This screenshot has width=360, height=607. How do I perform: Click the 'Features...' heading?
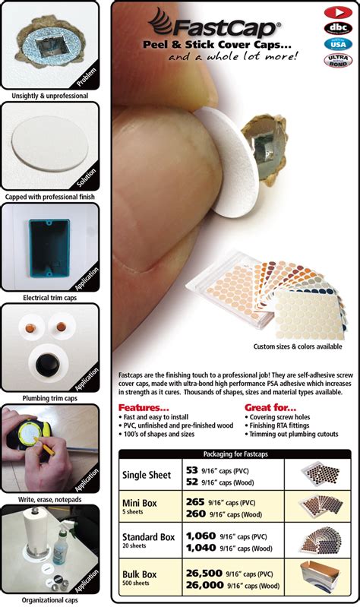click(144, 407)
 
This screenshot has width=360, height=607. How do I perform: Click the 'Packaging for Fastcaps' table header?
click(235, 454)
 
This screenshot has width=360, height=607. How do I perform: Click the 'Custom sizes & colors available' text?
click(298, 346)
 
